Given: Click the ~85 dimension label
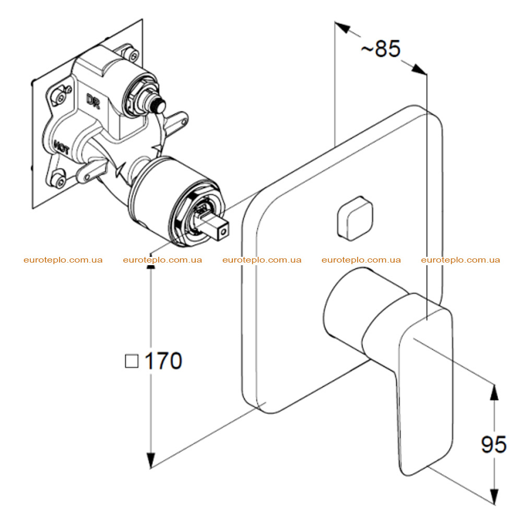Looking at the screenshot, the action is (x=381, y=49).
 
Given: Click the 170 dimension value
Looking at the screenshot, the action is (x=164, y=361).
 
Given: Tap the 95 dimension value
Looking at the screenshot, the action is (x=494, y=444).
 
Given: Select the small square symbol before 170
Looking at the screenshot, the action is (x=132, y=361).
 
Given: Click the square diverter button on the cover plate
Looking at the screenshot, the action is (x=355, y=218).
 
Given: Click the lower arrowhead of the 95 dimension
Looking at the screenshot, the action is (x=494, y=497).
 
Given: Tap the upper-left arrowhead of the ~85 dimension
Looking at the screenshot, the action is (x=342, y=27).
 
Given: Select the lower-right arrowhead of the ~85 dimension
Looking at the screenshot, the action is (x=418, y=69).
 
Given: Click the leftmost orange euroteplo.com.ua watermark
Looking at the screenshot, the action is (x=63, y=260).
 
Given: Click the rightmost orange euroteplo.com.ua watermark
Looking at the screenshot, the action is (x=460, y=260).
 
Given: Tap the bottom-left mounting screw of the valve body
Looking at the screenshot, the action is (x=60, y=180).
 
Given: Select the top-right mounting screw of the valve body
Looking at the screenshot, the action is (x=131, y=53).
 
